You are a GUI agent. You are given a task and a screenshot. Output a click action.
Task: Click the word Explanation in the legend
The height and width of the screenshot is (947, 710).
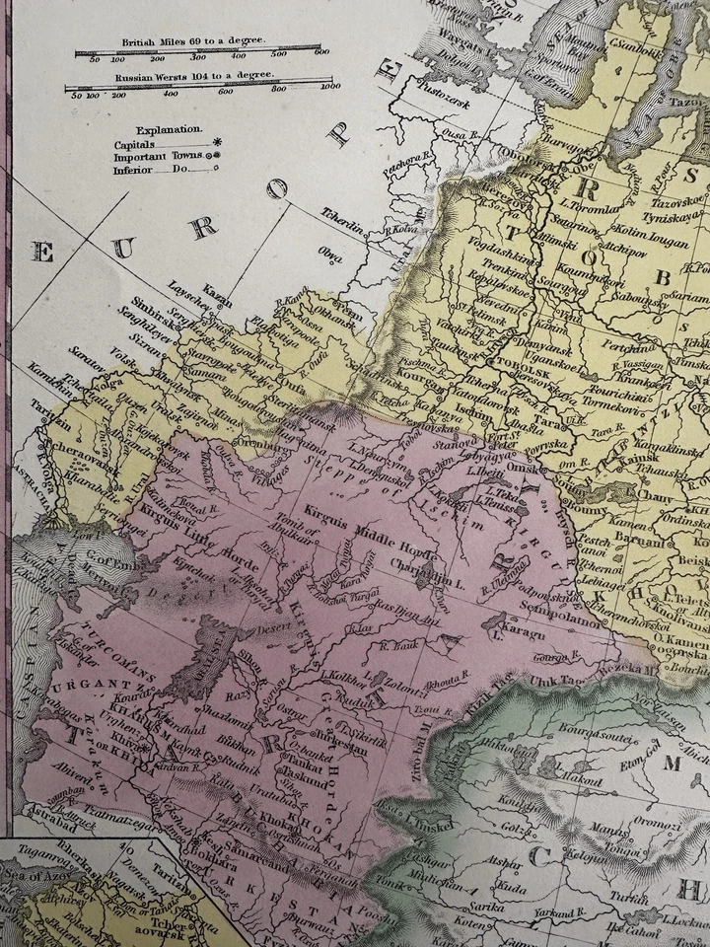[x=170, y=129]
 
